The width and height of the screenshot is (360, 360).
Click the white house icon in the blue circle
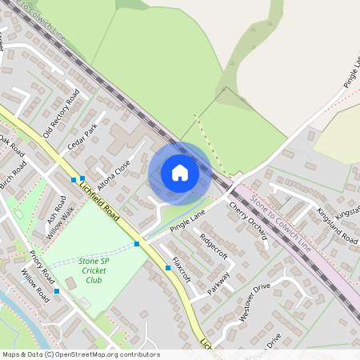coord(179,172)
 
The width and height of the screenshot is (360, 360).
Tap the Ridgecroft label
coord(214,245)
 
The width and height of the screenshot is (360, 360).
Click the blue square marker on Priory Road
coord(57,292)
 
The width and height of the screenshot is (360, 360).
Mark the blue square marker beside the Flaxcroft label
coord(168,268)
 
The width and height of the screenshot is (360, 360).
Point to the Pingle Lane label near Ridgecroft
coord(188,220)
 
